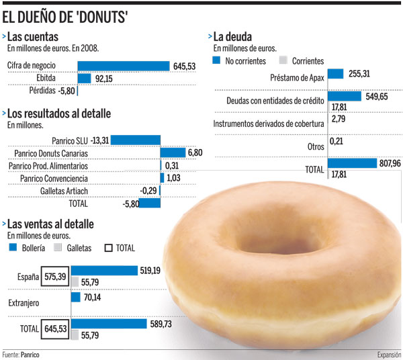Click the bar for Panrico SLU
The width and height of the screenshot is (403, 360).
136,140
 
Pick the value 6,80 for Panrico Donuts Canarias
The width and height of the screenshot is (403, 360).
195,152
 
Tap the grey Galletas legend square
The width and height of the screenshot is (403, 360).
56,249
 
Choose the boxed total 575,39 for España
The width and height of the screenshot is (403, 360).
54,276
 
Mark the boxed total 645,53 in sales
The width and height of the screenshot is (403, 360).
54,330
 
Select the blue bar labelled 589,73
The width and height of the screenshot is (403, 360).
108,324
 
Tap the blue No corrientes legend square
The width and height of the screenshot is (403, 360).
216,60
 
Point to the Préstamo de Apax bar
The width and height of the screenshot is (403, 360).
335,74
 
